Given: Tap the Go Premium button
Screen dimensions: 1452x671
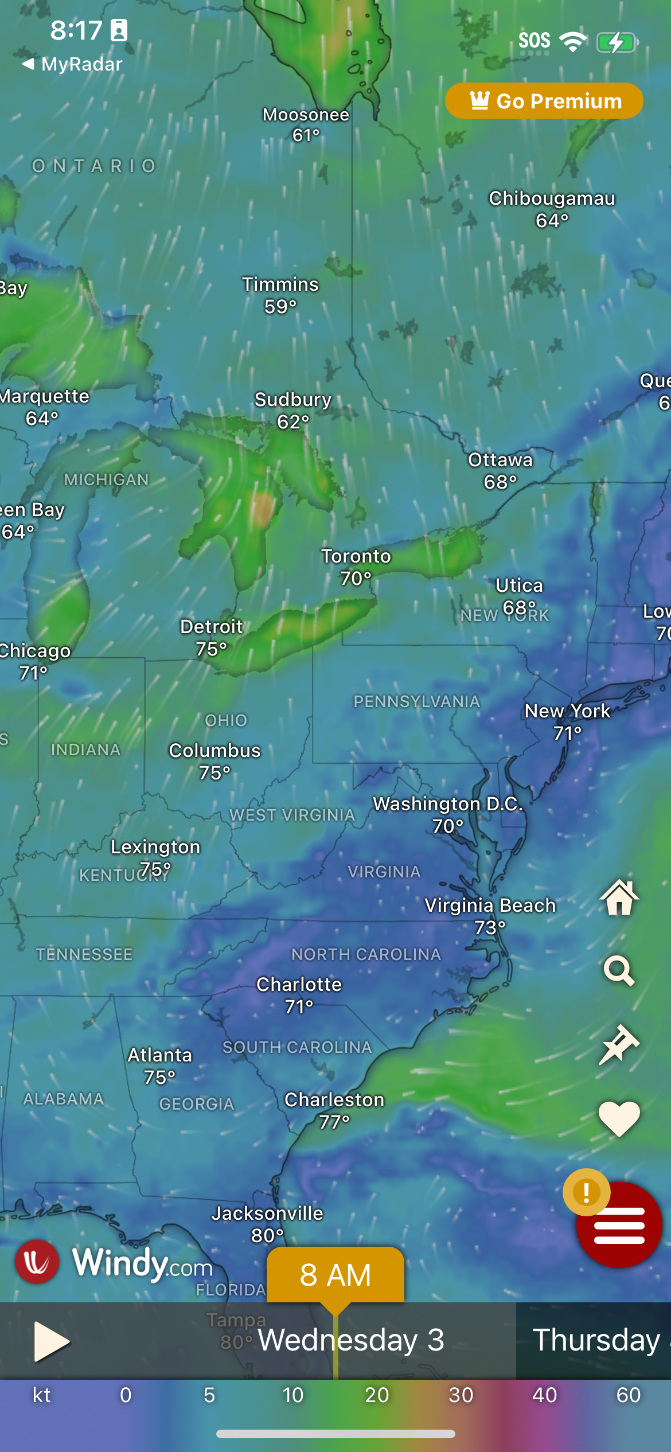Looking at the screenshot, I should [x=544, y=101].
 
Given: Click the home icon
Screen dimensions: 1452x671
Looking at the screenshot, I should [x=619, y=897].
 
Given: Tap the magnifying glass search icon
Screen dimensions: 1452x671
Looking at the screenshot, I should [x=619, y=970].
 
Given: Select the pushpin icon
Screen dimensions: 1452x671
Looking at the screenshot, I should [x=619, y=1044].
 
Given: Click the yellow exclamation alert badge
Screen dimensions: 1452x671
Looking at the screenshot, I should [x=586, y=1192].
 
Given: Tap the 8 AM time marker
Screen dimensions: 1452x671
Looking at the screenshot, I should [x=335, y=1275].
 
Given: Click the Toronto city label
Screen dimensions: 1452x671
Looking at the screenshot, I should [x=356, y=556].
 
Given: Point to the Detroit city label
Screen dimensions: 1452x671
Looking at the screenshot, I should [x=212, y=627].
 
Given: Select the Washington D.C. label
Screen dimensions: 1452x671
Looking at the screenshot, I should [x=448, y=804].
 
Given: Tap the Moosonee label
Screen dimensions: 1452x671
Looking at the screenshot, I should [x=306, y=115].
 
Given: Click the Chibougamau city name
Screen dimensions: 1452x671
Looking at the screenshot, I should [x=552, y=198].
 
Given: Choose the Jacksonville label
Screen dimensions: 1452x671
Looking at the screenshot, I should [x=267, y=1213].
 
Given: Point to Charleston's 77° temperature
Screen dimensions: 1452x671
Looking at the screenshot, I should [x=334, y=1122].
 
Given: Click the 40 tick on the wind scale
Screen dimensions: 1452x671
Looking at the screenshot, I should [x=544, y=1395].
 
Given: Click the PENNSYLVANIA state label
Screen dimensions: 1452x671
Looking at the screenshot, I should [x=416, y=701].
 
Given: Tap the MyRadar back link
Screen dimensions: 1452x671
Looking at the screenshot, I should [x=73, y=64].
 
